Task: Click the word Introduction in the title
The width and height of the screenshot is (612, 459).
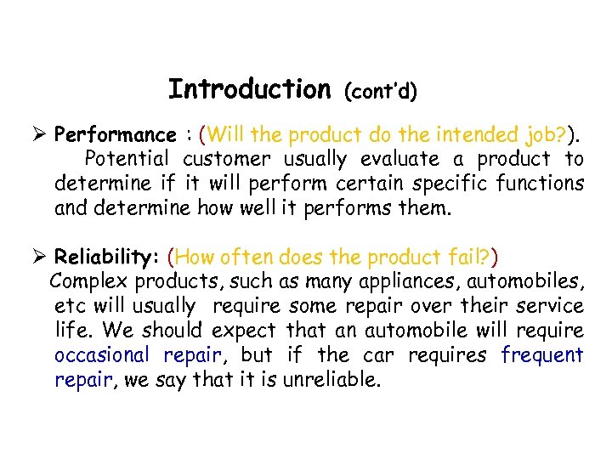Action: pyautogui.click(x=249, y=89)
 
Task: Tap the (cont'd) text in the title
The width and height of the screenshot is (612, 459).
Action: pyautogui.click(x=380, y=92)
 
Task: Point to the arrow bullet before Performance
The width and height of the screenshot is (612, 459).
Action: pyautogui.click(x=37, y=134)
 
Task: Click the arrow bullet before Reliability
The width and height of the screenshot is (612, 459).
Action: pyautogui.click(x=37, y=257)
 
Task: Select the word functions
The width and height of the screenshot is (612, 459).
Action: pyautogui.click(x=542, y=184)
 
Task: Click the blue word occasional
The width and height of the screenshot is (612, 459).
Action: pyautogui.click(x=101, y=355)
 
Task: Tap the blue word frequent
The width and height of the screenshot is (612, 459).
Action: pyautogui.click(x=542, y=355)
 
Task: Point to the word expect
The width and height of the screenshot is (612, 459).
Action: pyautogui.click(x=244, y=331)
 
